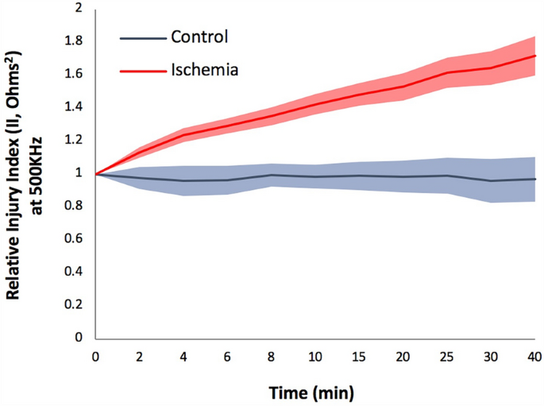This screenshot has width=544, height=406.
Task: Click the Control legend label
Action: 199,37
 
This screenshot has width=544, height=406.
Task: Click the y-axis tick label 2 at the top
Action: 79,9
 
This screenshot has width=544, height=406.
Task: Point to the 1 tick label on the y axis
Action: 79,173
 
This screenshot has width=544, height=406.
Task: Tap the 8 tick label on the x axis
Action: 272,356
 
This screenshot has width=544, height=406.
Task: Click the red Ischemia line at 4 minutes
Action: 183,135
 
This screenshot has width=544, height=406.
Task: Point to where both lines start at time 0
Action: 95,173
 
